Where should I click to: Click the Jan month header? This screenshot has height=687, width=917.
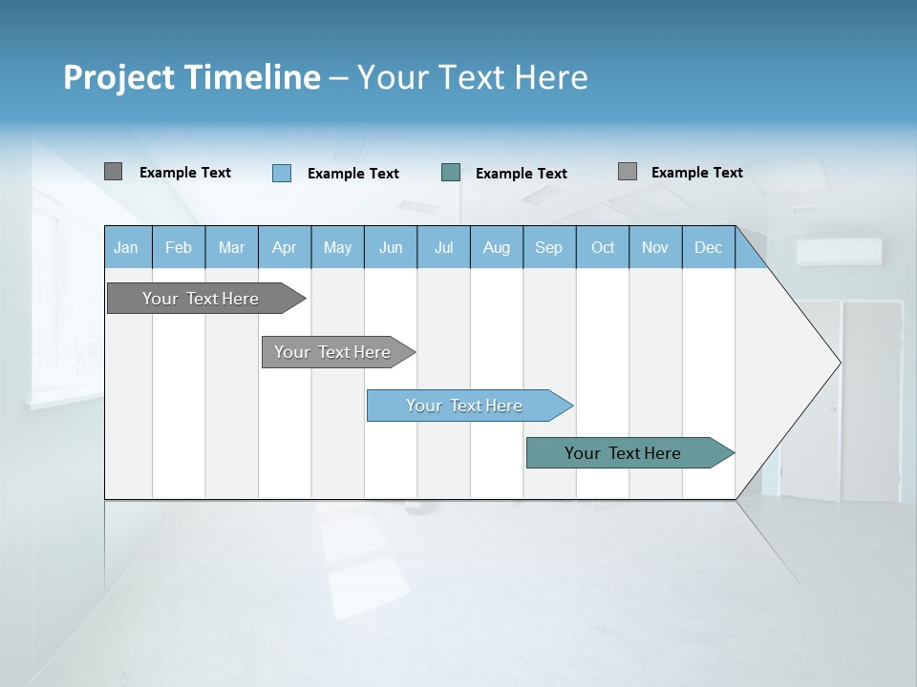click(x=126, y=248)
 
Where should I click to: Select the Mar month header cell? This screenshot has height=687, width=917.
click(x=231, y=248)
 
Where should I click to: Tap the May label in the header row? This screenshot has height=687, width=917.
click(x=337, y=248)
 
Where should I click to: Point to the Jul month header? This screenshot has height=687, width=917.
click(x=443, y=248)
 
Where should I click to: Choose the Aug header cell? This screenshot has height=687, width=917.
click(x=496, y=248)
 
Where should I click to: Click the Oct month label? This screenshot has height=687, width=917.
click(x=603, y=248)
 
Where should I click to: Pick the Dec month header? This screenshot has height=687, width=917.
click(x=708, y=248)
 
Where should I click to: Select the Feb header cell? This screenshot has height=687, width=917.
click(x=179, y=248)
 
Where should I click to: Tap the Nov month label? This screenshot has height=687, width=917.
click(x=655, y=248)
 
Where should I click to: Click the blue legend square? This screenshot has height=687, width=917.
click(x=282, y=173)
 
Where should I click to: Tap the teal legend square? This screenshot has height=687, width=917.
click(x=451, y=173)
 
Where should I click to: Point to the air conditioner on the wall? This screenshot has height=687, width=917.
click(x=839, y=252)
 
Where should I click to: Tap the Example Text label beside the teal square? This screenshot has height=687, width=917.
click(x=522, y=174)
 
